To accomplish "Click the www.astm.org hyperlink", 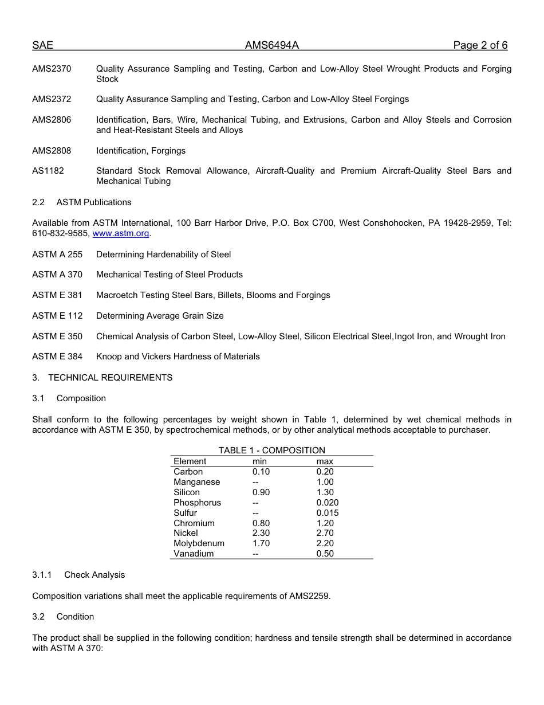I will [120, 233].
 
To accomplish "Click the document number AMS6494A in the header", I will [272, 45].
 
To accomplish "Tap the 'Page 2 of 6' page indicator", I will [480, 45].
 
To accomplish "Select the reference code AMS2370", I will [52, 69].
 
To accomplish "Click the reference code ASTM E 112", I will [57, 316].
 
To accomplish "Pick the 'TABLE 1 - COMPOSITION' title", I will [271, 451].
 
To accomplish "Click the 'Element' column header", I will [190, 461].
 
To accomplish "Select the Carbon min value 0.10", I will [261, 472].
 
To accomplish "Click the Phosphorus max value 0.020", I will [328, 503].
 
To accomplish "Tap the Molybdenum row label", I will [199, 543].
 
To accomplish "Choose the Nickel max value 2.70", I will [325, 533].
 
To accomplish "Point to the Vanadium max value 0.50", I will [325, 554].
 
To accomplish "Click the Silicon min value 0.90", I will [261, 492].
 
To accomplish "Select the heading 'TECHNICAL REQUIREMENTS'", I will [110, 377].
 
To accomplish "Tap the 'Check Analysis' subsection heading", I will [94, 575].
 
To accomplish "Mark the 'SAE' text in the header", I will [42, 45].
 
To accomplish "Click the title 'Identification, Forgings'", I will [141, 151].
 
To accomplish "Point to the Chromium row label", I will [194, 523].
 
